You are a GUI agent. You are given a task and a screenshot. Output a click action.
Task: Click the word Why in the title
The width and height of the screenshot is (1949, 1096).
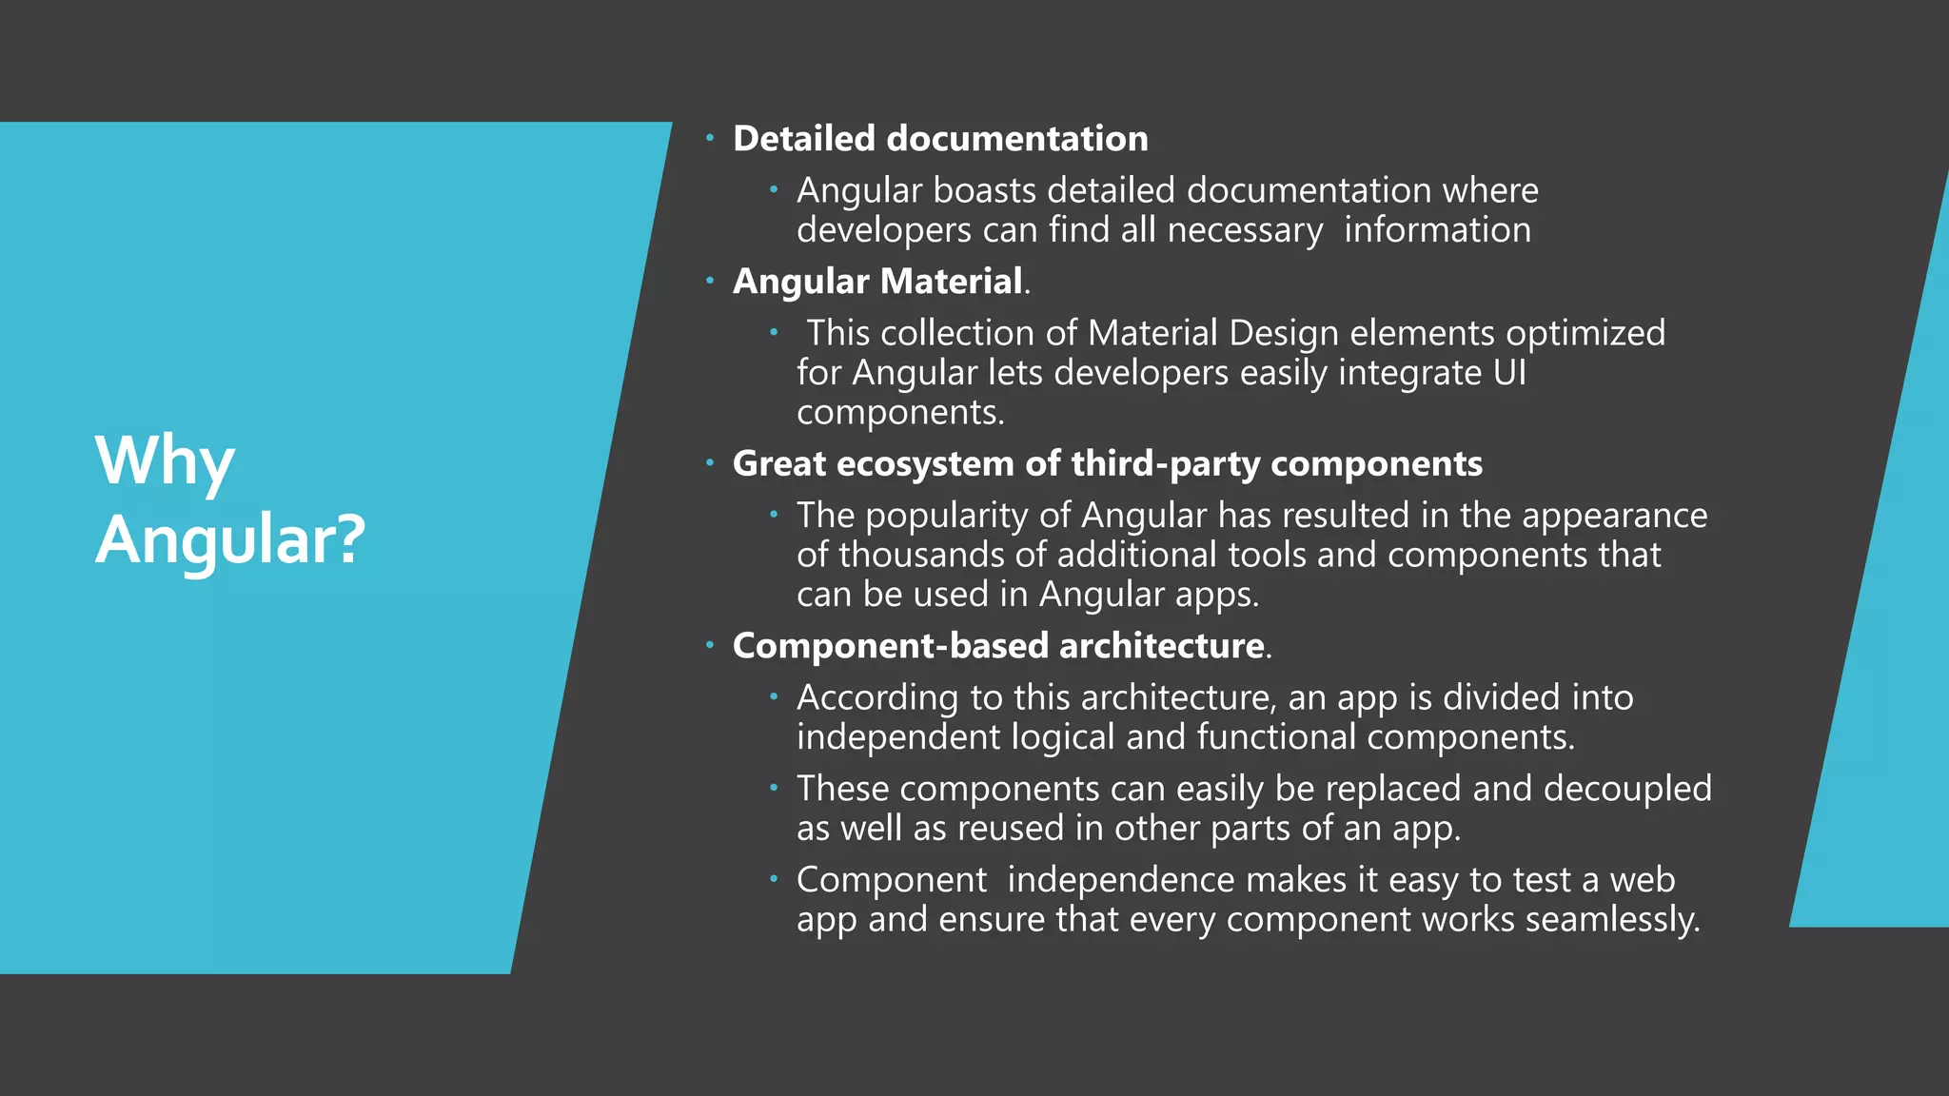[x=165, y=460]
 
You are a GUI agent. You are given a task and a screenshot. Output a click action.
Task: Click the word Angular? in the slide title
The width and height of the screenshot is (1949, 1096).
[x=230, y=539]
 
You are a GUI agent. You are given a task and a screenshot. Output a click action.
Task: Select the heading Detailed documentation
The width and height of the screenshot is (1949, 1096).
[x=940, y=139]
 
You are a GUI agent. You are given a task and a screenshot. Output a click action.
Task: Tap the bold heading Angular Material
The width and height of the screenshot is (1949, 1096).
[x=878, y=282]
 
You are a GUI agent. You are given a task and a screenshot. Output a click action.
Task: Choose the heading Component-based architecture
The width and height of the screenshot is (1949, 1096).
[x=998, y=646]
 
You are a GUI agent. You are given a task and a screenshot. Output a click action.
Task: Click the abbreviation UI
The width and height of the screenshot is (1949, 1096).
[x=1509, y=373]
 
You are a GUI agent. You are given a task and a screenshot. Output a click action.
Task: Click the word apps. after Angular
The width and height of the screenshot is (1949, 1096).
[x=1217, y=595]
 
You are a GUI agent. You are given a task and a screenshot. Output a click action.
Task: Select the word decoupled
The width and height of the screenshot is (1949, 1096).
[x=1627, y=789]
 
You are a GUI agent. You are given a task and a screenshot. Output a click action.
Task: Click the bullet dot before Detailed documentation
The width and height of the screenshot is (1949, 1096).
[x=709, y=139]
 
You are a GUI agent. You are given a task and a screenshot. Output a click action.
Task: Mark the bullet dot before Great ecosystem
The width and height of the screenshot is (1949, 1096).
[x=709, y=463]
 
